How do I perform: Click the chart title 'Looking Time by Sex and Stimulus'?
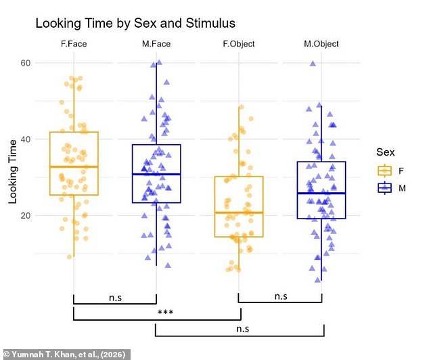click(x=135, y=23)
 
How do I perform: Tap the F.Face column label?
click(x=74, y=44)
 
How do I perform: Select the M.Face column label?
click(x=156, y=44)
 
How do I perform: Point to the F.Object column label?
click(x=239, y=44)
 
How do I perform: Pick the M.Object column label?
click(x=321, y=44)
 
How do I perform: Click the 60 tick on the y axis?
click(x=26, y=63)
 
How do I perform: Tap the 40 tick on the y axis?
click(x=26, y=139)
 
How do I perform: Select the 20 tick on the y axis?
click(x=26, y=216)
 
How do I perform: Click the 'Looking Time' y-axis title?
click(x=13, y=172)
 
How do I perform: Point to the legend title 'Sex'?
click(x=386, y=152)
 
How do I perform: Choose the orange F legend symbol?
click(x=384, y=171)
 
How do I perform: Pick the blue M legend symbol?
click(x=384, y=188)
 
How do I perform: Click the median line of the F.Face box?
click(x=74, y=166)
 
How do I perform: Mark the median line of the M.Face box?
click(x=156, y=174)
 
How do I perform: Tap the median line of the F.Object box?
click(x=239, y=212)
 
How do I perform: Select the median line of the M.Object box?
click(x=321, y=193)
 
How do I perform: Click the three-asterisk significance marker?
click(x=166, y=312)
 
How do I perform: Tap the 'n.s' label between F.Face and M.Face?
click(x=115, y=298)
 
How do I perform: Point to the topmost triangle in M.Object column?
click(x=313, y=64)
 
